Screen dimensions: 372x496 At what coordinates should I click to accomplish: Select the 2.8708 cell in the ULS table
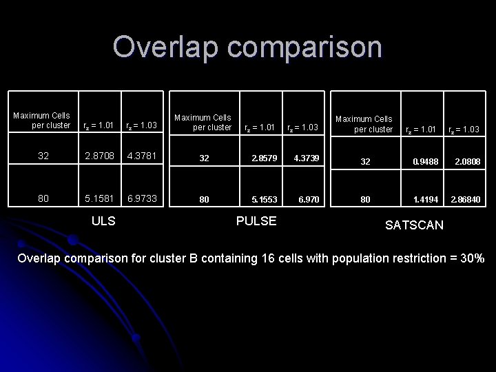pos(99,156)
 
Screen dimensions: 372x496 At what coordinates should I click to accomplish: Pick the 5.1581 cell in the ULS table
pos(99,198)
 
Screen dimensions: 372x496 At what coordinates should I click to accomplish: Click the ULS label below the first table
pos(103,221)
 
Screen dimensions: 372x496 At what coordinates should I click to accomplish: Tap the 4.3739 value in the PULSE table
pos(306,158)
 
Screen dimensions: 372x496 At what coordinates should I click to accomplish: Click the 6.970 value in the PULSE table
pos(309,200)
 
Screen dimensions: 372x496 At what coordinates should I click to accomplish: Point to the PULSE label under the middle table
pos(256,221)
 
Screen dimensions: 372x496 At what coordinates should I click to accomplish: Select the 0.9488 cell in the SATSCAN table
pos(425,162)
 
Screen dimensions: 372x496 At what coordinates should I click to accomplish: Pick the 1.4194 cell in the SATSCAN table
pos(425,200)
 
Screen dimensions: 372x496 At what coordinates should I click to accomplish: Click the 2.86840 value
pos(466,200)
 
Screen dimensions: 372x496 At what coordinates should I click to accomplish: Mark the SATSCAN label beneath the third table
pos(414,225)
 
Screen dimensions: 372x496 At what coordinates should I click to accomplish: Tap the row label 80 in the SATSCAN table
pos(365,200)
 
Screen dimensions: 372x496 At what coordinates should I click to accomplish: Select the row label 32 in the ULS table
pos(43,156)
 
